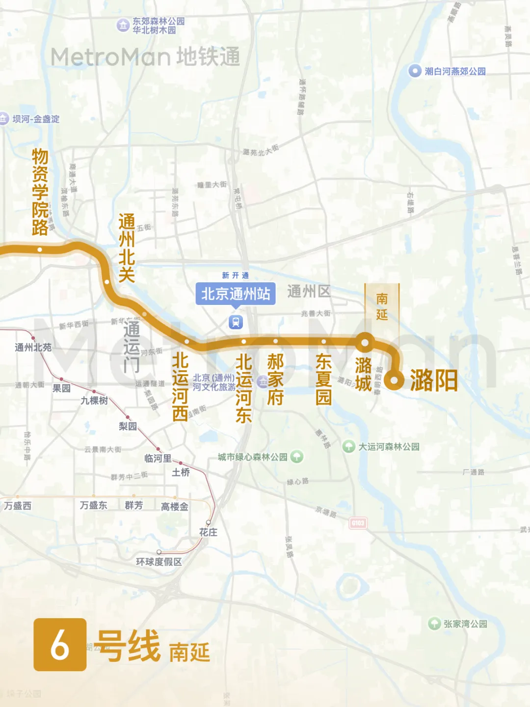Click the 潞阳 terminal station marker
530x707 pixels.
click(394, 380)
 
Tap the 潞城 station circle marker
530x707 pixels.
click(365, 342)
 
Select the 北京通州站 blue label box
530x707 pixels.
click(236, 294)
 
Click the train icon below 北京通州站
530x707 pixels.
click(236, 322)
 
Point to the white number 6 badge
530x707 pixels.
click(60, 645)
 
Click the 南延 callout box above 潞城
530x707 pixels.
click(382, 306)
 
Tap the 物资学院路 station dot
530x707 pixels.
click(40, 249)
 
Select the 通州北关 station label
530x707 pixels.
click(127, 248)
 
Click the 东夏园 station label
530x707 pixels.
click(323, 379)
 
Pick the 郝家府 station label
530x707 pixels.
click(275, 379)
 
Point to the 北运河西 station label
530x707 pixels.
click(180, 387)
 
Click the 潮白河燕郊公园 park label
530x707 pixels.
click(455, 71)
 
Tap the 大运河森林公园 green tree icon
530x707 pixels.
click(349, 446)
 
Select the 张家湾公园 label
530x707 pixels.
click(465, 624)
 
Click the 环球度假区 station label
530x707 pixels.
click(159, 562)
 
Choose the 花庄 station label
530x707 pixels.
click(208, 532)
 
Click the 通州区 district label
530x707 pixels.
click(309, 291)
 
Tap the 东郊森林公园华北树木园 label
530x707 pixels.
click(159, 26)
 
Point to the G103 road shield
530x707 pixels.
click(358, 523)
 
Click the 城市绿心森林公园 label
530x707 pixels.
click(253, 457)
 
